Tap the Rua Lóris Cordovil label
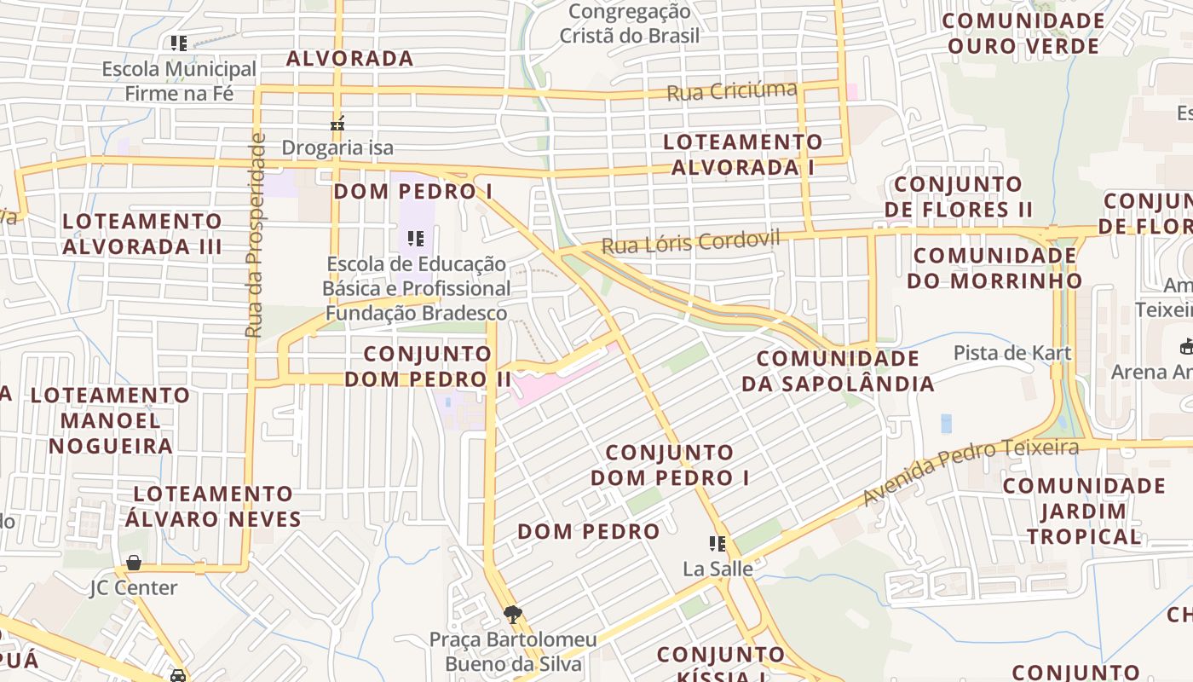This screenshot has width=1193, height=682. (x=690, y=243)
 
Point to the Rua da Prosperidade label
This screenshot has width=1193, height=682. (x=255, y=234)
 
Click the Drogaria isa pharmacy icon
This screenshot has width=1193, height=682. (x=337, y=124)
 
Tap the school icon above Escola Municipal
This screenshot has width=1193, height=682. (x=179, y=43)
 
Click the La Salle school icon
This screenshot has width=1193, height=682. (x=718, y=544)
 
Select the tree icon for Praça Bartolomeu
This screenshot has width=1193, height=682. (x=513, y=615)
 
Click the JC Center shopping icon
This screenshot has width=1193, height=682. (x=134, y=563)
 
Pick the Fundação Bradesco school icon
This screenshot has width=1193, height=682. (x=416, y=239)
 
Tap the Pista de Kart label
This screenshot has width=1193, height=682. (x=1011, y=352)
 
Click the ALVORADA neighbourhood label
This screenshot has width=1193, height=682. (x=349, y=59)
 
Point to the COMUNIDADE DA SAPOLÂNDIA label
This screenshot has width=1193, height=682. (x=838, y=371)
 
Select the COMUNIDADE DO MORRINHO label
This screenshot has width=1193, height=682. (x=994, y=268)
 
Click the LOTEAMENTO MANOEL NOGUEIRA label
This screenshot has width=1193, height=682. (x=110, y=420)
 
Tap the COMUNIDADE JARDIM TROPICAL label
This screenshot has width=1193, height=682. (x=1083, y=511)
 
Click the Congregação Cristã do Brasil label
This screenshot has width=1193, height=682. (x=629, y=23)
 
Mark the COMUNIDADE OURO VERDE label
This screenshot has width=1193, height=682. (x=1023, y=33)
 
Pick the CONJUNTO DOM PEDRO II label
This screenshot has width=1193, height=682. (x=428, y=366)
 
